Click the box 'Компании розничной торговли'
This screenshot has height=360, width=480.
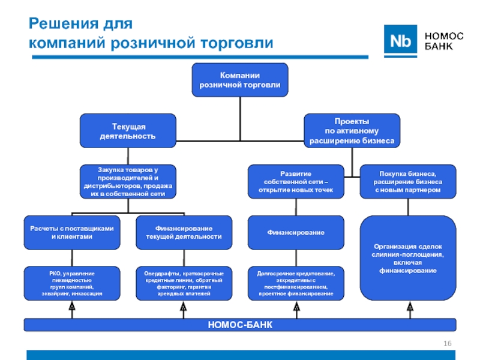point(239,80)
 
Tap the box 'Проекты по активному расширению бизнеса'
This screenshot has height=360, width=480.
point(352,131)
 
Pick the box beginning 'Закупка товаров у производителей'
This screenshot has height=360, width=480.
point(128,182)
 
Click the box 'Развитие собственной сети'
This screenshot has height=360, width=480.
point(296,181)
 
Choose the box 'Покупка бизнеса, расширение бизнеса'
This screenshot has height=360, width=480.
point(408,181)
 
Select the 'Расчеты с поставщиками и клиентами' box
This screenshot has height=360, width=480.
point(71,232)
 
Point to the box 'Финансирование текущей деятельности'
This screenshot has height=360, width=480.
point(184,232)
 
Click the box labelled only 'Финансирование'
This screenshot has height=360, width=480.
point(296,232)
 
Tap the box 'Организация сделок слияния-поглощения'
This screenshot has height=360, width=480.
point(408,258)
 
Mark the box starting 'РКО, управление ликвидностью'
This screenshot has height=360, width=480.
point(71,283)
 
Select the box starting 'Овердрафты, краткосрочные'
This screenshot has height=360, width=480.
point(184,283)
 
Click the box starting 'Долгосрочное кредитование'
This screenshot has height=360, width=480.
point(296,283)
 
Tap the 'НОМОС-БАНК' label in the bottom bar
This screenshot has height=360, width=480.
point(240,325)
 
